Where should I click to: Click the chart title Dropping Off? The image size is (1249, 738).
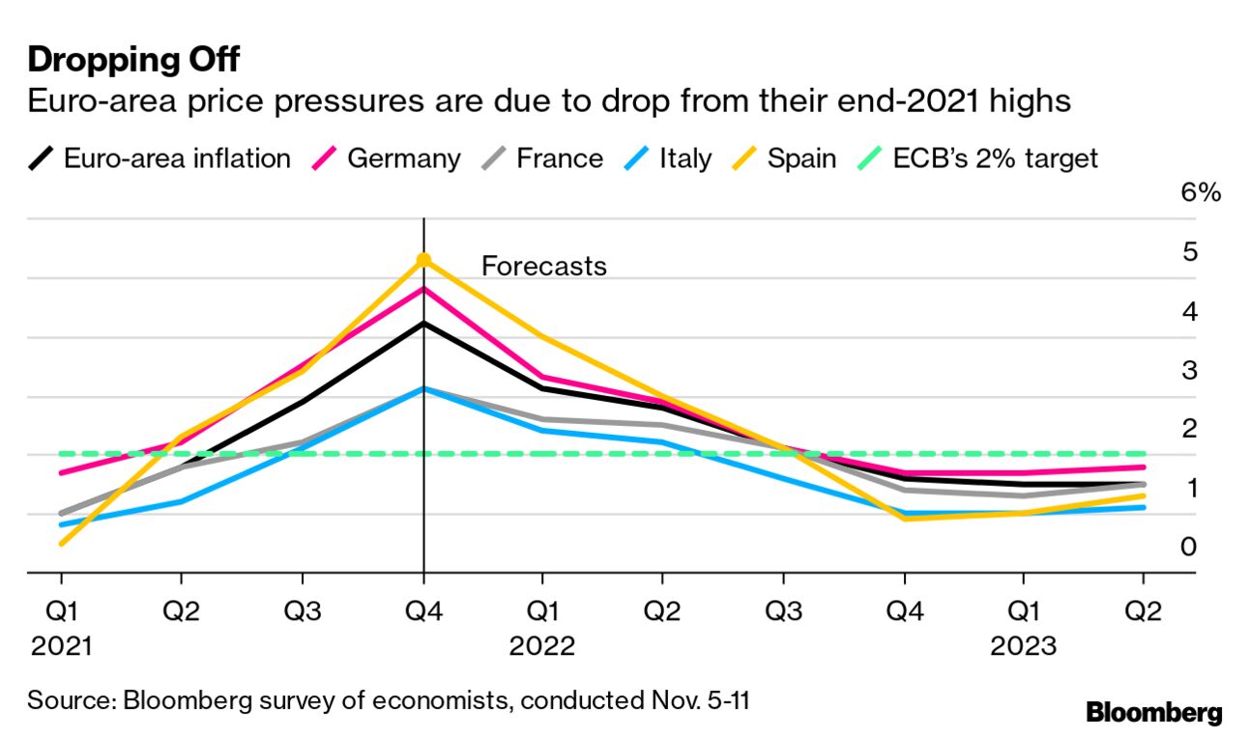coord(132,60)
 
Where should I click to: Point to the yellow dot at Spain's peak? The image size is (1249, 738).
coord(423,260)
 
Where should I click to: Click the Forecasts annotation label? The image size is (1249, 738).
coord(544,266)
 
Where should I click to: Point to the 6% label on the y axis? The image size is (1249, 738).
coord(1201,192)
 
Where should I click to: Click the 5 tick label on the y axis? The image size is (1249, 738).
coord(1189,252)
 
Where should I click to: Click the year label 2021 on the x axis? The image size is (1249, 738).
coord(61,645)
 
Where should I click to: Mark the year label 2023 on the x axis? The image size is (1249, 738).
coord(1024,645)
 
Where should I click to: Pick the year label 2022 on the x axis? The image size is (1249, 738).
coord(541,645)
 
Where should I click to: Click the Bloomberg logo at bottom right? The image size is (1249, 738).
coord(1153,714)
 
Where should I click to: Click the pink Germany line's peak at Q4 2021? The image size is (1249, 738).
coord(423,288)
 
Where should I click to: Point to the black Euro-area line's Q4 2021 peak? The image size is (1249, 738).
coord(423,323)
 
